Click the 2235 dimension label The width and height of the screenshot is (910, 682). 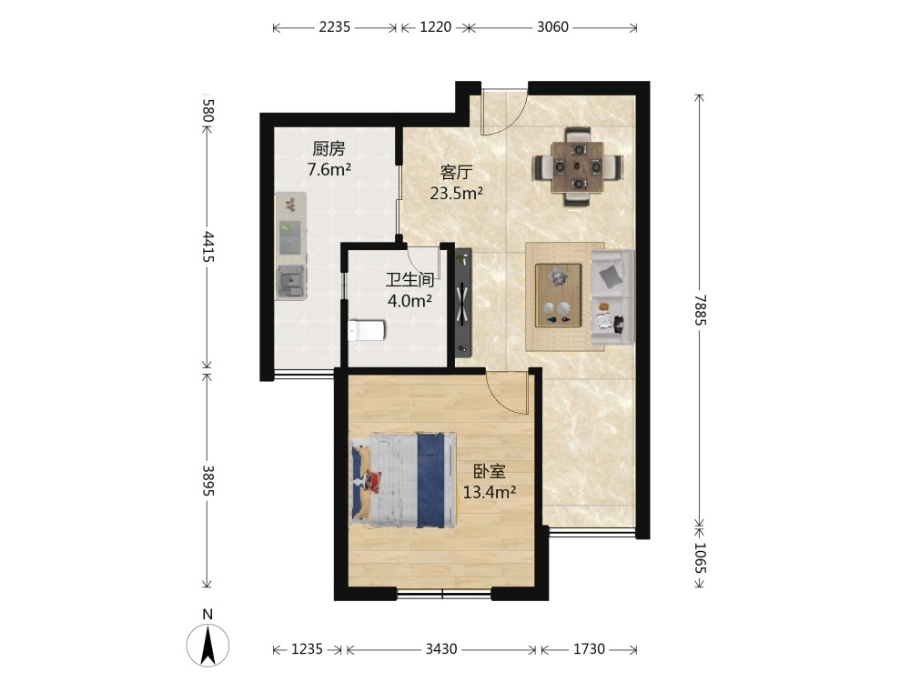point(335,27)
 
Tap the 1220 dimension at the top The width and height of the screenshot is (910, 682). point(435,27)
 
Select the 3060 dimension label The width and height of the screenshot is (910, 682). point(552,27)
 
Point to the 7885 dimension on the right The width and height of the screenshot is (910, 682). point(701,310)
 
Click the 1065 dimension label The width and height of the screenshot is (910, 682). point(701,557)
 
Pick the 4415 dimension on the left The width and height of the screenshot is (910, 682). point(207,246)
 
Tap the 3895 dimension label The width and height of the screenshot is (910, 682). point(207,480)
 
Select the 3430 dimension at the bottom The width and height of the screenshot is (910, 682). point(441,649)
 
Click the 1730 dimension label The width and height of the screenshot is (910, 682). point(589,649)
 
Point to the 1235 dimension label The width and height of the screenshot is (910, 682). point(307,649)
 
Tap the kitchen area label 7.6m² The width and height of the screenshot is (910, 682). point(329,170)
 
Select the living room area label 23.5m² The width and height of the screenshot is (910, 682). point(457,193)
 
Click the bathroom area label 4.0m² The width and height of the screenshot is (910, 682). point(409,301)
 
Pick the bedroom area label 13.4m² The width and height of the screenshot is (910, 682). point(490,492)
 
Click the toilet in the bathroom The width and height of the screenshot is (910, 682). point(366,331)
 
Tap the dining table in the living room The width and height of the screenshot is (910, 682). point(578,167)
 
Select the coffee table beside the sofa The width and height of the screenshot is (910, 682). point(559,296)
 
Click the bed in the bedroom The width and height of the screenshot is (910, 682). point(402,479)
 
